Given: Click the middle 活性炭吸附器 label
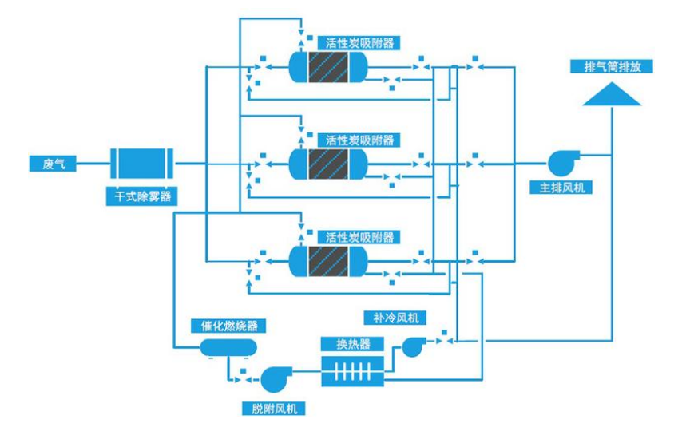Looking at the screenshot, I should pyautogui.click(x=359, y=140).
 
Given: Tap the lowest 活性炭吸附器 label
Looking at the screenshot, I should pyautogui.click(x=359, y=237).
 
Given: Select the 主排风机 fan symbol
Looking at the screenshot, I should pyautogui.click(x=559, y=163).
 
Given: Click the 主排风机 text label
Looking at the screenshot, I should pyautogui.click(x=562, y=188).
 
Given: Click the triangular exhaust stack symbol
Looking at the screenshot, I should pyautogui.click(x=612, y=95).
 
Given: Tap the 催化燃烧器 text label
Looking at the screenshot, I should pyautogui.click(x=228, y=326).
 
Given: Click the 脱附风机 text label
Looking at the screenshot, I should pyautogui.click(x=273, y=409).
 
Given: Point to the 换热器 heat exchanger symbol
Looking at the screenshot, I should pyautogui.click(x=352, y=370).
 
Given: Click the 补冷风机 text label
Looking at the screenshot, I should pyautogui.click(x=395, y=318).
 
